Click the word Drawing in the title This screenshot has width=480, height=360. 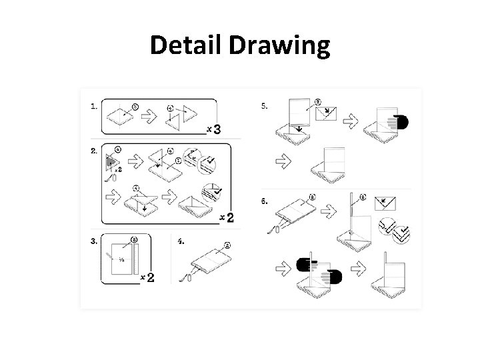279,47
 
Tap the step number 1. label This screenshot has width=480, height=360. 94,105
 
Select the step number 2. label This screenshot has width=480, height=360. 94,151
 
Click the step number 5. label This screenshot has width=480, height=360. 265,105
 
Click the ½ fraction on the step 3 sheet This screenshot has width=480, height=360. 121,259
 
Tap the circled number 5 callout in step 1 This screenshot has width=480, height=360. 135,105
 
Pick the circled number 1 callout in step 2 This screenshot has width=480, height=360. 178,160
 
